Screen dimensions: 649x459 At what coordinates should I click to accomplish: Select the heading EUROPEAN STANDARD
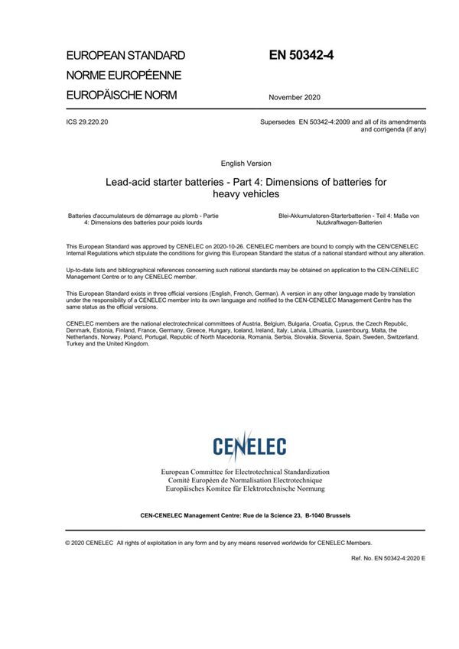coord(125,56)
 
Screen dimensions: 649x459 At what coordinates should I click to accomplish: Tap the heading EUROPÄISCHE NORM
coord(122,95)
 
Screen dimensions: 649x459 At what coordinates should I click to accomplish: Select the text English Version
coord(245,164)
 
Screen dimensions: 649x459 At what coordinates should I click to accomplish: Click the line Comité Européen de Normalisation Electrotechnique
coord(245,481)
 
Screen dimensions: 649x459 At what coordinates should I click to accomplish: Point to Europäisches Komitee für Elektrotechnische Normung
coord(245,488)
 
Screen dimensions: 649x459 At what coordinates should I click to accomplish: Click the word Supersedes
coord(275,122)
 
